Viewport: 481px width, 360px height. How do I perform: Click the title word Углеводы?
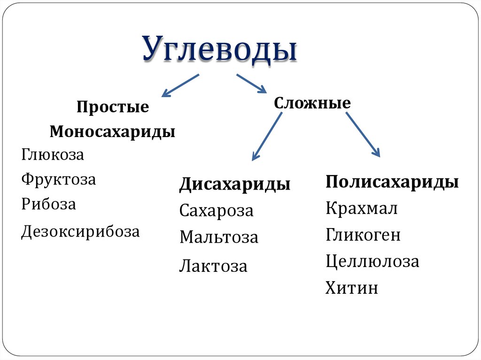220,49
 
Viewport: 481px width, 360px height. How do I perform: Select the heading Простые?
113,107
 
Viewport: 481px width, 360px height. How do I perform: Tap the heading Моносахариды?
113,132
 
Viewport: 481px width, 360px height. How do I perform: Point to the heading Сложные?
312,103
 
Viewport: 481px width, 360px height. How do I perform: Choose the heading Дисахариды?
234,184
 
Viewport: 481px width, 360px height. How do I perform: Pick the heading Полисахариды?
392,182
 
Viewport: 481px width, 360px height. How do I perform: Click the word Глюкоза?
53,155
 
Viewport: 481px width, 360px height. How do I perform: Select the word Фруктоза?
58,180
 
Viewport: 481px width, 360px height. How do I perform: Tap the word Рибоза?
48,205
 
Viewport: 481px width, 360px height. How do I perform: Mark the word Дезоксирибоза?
80,232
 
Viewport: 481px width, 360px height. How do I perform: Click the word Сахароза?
216,211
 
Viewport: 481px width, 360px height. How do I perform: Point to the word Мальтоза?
218,237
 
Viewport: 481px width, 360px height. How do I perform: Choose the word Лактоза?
213,267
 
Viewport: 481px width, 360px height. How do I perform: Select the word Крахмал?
362,208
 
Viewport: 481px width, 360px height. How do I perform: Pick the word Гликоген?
363,235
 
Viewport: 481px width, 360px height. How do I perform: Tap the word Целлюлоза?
372,261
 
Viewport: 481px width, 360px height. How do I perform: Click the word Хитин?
351,288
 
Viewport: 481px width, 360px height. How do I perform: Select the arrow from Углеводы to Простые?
180,85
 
